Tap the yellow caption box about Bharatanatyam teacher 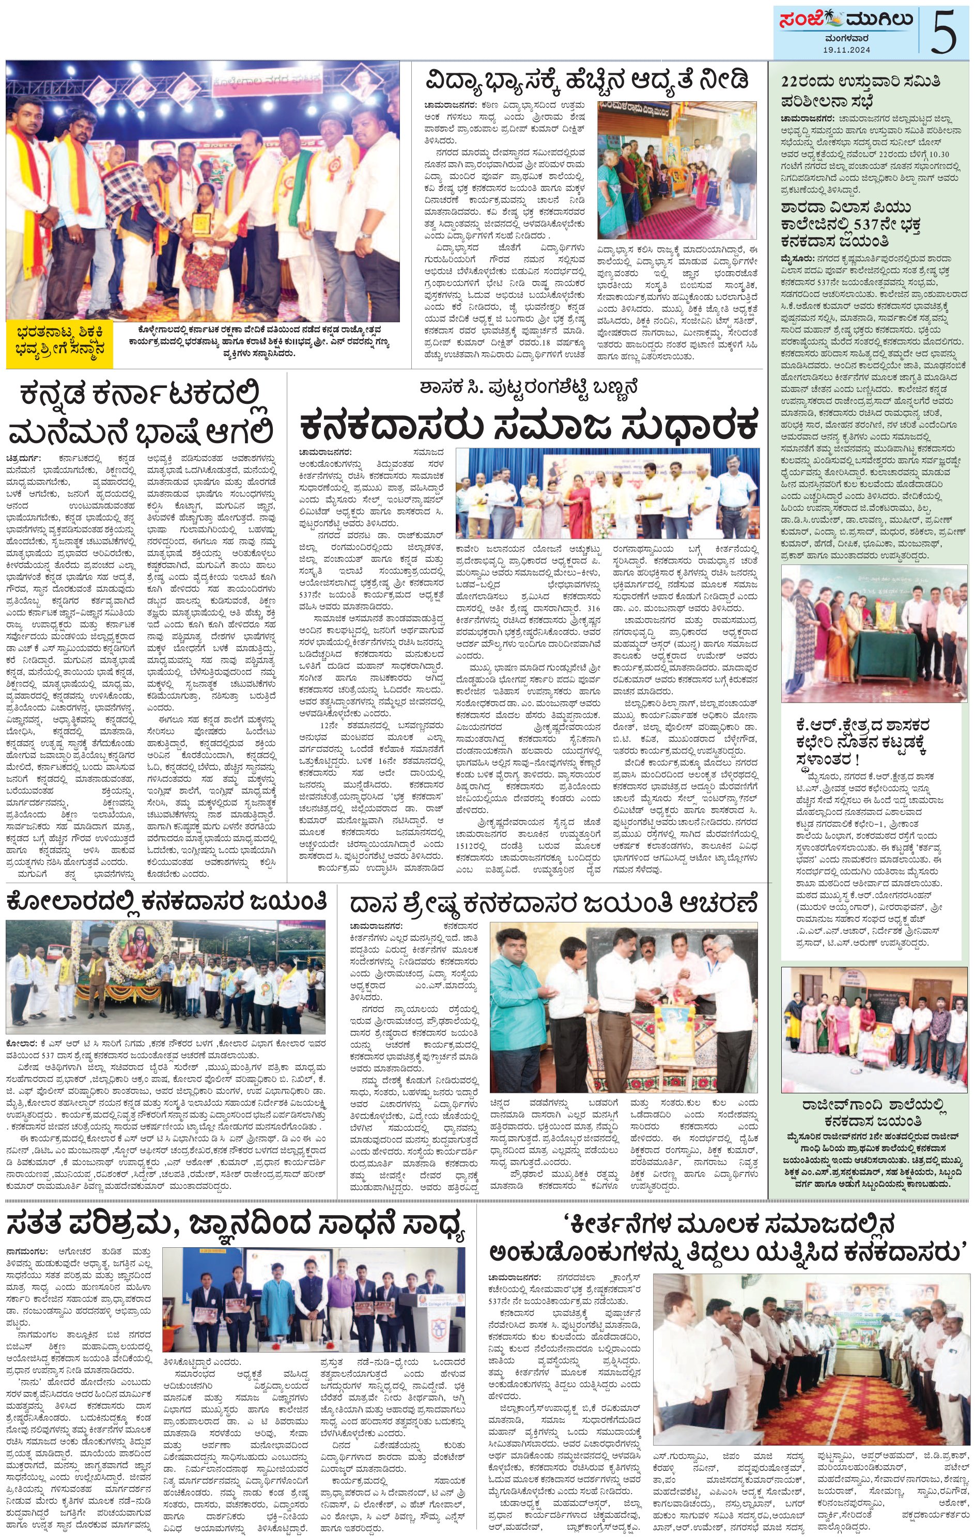coord(60,344)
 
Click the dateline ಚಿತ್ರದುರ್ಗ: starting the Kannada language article coord(24,458)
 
